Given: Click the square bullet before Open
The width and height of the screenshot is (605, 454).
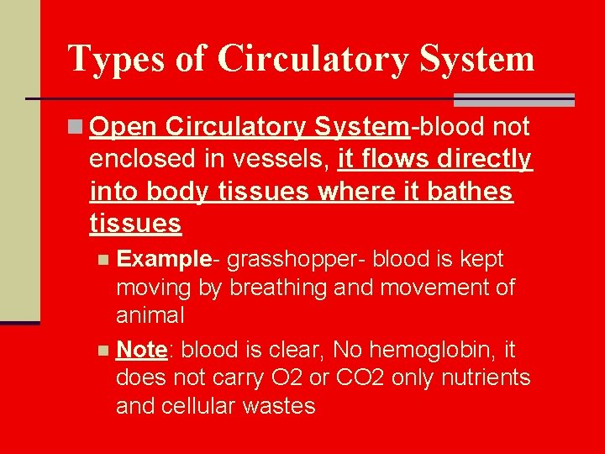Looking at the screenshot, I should [x=76, y=127].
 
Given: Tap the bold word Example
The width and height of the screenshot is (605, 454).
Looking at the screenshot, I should [x=163, y=259].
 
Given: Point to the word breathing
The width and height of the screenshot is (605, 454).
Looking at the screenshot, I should [x=279, y=288].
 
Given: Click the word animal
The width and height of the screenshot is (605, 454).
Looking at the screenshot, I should [x=150, y=316].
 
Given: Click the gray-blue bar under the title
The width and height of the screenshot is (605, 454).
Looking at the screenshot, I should [x=513, y=100].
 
